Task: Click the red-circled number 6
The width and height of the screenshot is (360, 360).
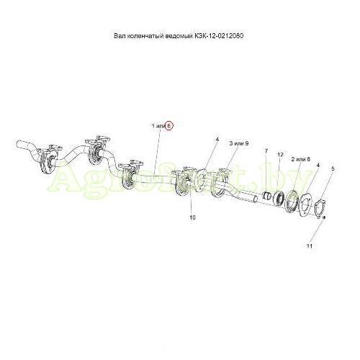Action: pyautogui.click(x=168, y=126)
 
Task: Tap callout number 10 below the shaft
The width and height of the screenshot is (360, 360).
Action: pyautogui.click(x=192, y=217)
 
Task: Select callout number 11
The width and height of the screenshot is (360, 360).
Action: pyautogui.click(x=310, y=246)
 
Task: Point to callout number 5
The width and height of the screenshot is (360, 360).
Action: pyautogui.click(x=333, y=168)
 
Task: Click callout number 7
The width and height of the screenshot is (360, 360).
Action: pyautogui.click(x=266, y=151)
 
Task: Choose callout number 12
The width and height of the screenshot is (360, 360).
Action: pyautogui.click(x=280, y=155)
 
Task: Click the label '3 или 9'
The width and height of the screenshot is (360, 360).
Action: pyautogui.click(x=239, y=143)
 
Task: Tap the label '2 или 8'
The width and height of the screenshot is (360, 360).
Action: pyautogui.click(x=301, y=159)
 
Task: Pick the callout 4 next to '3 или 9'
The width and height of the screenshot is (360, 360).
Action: pyautogui.click(x=217, y=139)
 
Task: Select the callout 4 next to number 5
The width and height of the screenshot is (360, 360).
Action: pyautogui.click(x=318, y=165)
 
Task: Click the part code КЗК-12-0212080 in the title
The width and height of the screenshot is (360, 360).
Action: pyautogui.click(x=218, y=36)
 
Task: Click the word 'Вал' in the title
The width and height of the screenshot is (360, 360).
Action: pyautogui.click(x=120, y=36)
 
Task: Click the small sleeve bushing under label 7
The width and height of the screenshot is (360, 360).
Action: pyautogui.click(x=266, y=195)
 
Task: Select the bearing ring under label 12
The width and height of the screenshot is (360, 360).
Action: pyautogui.click(x=279, y=198)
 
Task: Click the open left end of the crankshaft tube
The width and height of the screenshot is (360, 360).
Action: pyautogui.click(x=19, y=145)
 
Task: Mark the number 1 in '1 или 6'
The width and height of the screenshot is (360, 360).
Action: pyautogui.click(x=153, y=126)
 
